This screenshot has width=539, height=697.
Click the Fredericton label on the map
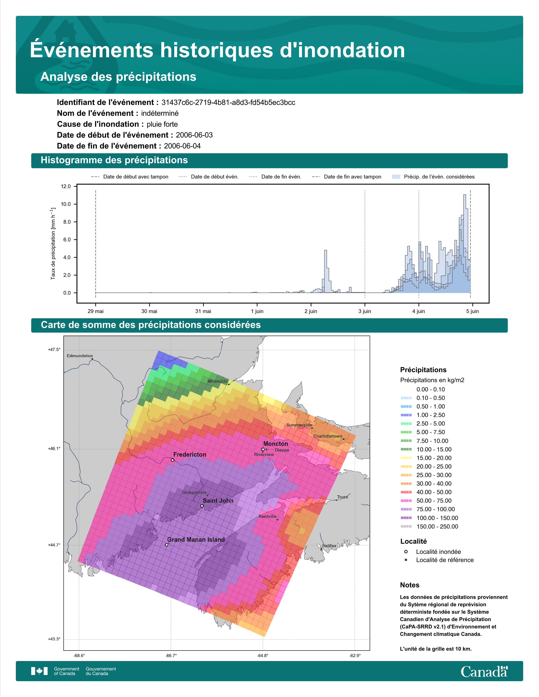(x=190, y=455)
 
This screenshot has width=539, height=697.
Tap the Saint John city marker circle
(x=202, y=506)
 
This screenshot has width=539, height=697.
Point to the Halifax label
(x=329, y=546)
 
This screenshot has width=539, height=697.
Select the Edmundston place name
(x=80, y=356)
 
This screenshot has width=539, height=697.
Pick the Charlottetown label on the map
(x=328, y=436)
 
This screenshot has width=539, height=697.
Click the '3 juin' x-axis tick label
(x=365, y=311)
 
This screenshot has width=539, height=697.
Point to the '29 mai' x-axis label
(x=96, y=311)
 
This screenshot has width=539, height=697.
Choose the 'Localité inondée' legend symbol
(x=406, y=551)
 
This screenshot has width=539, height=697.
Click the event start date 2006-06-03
(x=194, y=135)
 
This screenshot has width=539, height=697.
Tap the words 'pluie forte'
(x=162, y=124)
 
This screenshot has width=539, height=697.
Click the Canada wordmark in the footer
(x=484, y=671)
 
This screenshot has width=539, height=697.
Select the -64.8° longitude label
(x=263, y=656)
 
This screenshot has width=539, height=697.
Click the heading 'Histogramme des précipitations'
(x=114, y=160)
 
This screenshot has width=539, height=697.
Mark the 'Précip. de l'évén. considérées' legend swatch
(x=396, y=177)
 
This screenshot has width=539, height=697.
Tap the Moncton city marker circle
(x=263, y=449)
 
